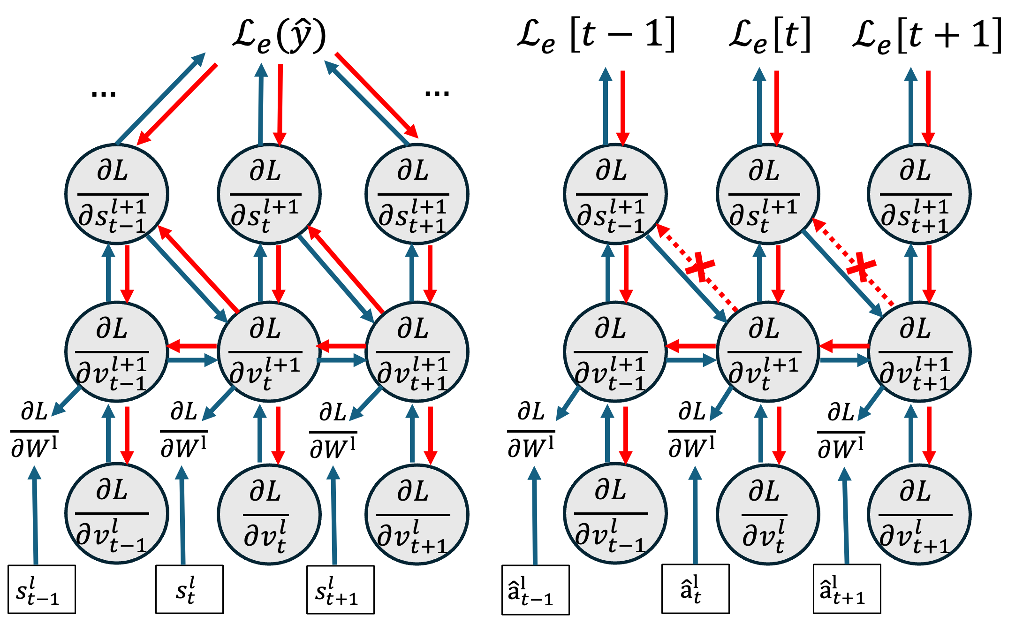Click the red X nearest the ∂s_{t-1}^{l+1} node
pyautogui.click(x=700, y=267)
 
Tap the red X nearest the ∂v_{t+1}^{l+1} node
pyautogui.click(x=861, y=267)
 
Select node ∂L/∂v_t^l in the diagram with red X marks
pyautogui.click(x=768, y=514)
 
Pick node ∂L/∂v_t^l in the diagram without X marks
pyautogui.click(x=269, y=514)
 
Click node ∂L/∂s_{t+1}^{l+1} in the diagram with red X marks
pyautogui.click(x=919, y=194)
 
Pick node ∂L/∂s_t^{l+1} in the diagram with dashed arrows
pyautogui.click(x=768, y=194)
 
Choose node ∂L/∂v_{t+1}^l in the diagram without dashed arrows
pyautogui.click(x=417, y=514)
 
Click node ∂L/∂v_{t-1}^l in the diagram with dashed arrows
pyautogui.click(x=614, y=514)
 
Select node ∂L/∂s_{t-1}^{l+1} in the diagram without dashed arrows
pyautogui.click(x=116, y=194)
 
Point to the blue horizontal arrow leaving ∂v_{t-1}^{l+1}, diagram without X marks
pyautogui.click(x=193, y=360)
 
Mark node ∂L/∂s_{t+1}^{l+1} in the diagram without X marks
pyautogui.click(x=417, y=194)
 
